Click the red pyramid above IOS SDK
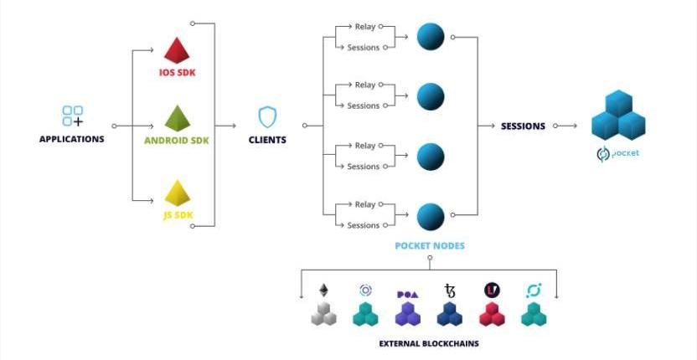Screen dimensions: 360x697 click(177, 50)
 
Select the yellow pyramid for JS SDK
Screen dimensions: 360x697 click(177, 193)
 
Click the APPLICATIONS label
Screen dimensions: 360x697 click(72, 139)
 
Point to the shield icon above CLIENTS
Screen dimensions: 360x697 click(267, 116)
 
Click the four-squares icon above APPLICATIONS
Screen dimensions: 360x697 click(73, 116)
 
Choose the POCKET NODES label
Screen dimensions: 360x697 click(429, 246)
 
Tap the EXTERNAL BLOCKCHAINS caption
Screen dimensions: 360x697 click(429, 344)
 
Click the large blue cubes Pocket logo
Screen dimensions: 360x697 click(618, 115)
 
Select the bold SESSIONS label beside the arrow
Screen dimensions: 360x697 click(523, 126)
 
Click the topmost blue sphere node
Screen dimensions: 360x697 click(431, 36)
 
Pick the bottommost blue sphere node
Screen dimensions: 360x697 click(431, 216)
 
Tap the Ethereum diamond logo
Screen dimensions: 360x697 click(323, 291)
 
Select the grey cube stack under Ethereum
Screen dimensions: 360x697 click(323, 314)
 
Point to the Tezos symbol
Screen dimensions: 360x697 click(450, 291)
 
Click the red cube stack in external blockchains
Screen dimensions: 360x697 click(492, 314)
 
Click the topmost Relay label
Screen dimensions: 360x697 click(365, 26)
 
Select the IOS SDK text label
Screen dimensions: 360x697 click(177, 72)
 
